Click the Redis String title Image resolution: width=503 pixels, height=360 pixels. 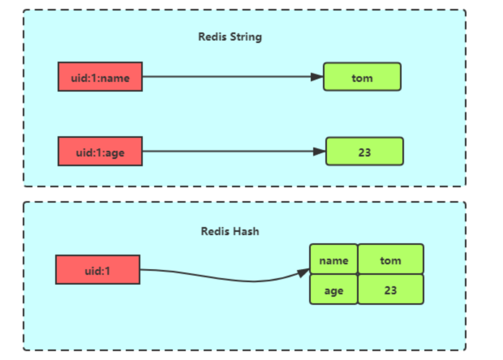tap(230, 37)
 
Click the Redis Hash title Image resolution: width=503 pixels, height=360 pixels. tap(230, 231)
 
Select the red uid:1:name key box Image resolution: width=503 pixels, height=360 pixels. tap(100, 77)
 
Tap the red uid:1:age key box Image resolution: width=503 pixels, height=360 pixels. tap(100, 151)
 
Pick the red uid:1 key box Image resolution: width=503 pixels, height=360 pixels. tap(98, 270)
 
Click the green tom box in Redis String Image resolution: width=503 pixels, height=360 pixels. tap(362, 77)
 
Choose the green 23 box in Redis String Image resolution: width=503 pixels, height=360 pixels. tap(364, 151)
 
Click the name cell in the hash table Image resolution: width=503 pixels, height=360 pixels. tap(333, 259)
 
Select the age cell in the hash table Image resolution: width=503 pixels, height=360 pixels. tap(333, 290)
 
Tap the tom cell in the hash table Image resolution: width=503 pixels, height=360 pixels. tap(390, 259)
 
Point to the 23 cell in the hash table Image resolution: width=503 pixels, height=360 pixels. tap(390, 290)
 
